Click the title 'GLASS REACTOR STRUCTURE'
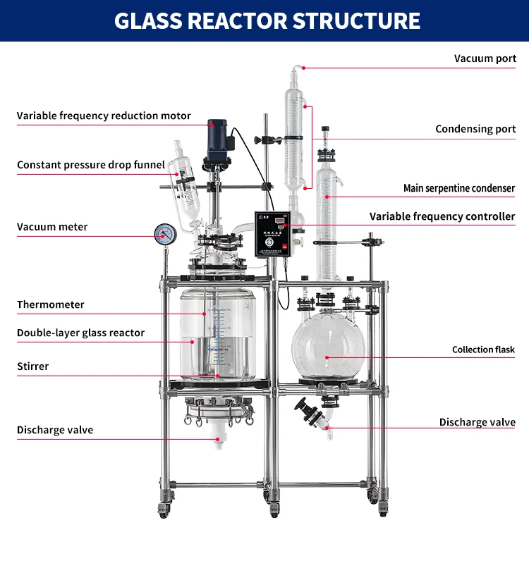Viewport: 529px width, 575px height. pyautogui.click(x=267, y=20)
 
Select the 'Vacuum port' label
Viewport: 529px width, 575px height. pyautogui.click(x=485, y=58)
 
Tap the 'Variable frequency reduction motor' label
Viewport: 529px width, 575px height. pyautogui.click(x=104, y=116)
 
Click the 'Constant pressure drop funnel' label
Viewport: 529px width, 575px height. pyautogui.click(x=91, y=165)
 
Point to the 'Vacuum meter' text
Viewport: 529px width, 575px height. pyautogui.click(x=52, y=227)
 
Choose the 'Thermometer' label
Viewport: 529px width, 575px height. pyautogui.click(x=51, y=304)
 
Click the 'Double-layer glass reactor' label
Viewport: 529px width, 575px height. pyautogui.click(x=80, y=333)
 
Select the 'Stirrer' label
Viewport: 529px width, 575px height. pyautogui.click(x=33, y=366)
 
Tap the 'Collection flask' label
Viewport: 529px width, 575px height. pyautogui.click(x=483, y=350)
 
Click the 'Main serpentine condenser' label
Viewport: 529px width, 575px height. pyautogui.click(x=459, y=188)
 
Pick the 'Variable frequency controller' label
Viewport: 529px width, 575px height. pyautogui.click(x=442, y=216)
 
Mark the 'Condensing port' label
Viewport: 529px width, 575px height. pyautogui.click(x=475, y=129)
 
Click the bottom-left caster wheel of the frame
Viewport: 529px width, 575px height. pyautogui.click(x=164, y=509)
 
